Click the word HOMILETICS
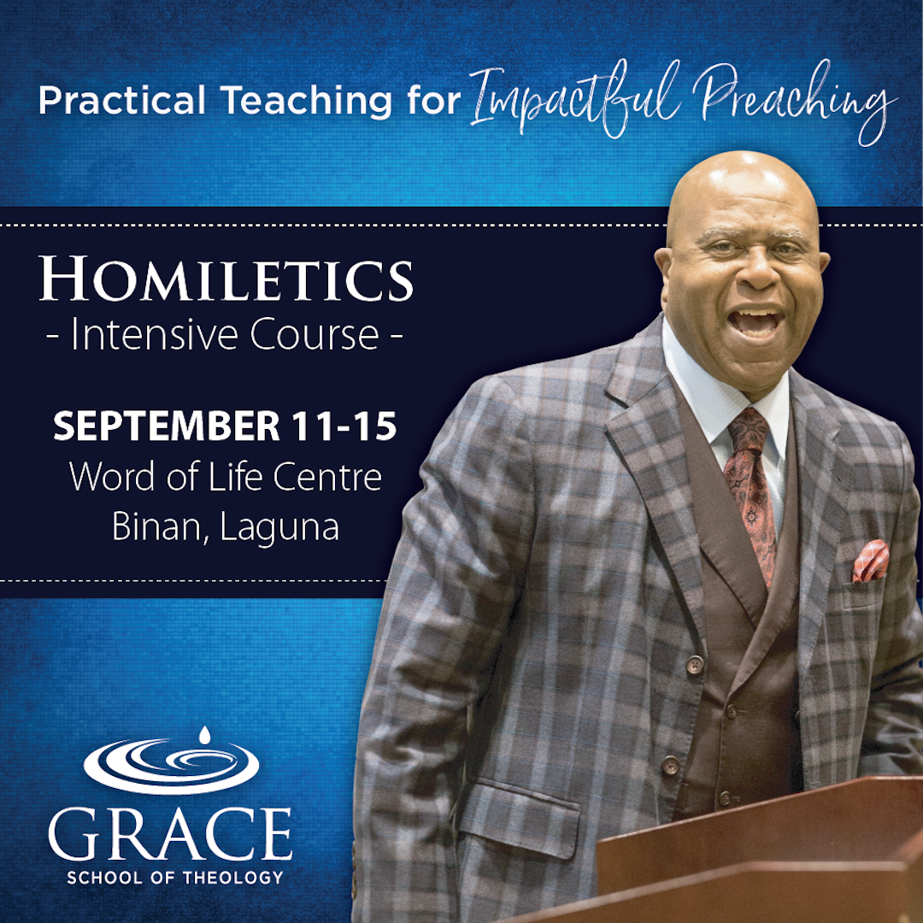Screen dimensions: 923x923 226,279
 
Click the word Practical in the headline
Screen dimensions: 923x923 122,100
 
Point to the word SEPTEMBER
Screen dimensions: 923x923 167,426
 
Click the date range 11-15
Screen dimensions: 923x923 344,426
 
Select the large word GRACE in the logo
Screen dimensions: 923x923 170,834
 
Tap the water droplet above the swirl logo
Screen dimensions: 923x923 204,735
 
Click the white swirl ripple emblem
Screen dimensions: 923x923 171,766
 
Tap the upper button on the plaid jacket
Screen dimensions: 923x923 695,665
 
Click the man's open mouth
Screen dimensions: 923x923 755,323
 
